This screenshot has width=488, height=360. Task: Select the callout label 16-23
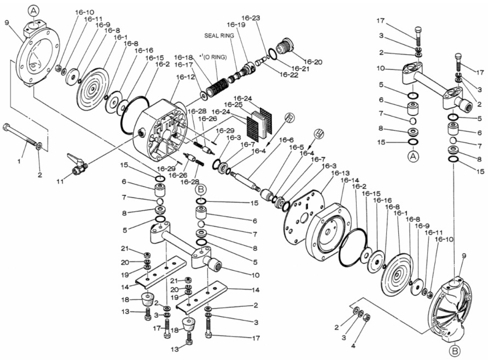click(250, 18)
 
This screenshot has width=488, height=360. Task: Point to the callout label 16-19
click(236, 25)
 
